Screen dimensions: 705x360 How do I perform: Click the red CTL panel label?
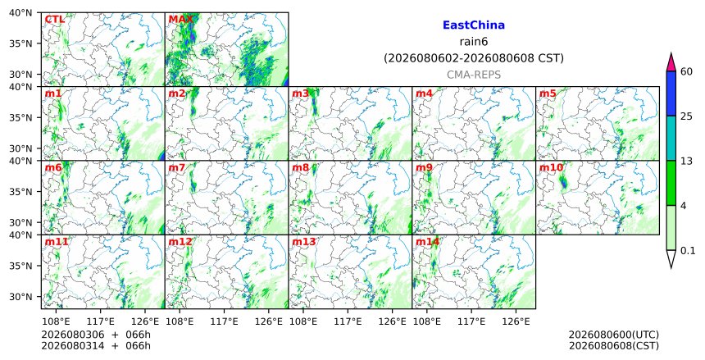55,20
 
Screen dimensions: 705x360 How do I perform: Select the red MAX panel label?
180,20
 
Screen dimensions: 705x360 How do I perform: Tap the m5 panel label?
548,93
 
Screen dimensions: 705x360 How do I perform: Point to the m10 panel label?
551,168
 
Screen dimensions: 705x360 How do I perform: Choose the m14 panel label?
427,242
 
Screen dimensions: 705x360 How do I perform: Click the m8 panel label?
301,168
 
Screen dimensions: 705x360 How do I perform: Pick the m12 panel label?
180,242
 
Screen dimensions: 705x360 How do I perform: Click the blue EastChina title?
474,25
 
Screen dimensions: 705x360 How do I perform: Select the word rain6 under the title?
474,42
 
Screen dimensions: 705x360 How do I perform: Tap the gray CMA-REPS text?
474,75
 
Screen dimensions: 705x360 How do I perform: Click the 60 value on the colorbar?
686,71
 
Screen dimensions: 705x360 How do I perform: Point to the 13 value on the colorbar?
686,161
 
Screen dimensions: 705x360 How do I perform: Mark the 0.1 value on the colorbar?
688,251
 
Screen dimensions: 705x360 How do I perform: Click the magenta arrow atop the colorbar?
671,62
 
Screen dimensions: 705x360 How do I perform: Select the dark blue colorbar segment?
671,93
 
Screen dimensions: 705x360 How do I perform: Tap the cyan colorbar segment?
671,138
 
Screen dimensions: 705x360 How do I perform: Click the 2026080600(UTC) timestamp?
614,335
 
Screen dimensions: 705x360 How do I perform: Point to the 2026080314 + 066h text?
96,346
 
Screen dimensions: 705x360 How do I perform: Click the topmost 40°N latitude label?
20,13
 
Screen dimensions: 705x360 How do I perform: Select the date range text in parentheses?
474,58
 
